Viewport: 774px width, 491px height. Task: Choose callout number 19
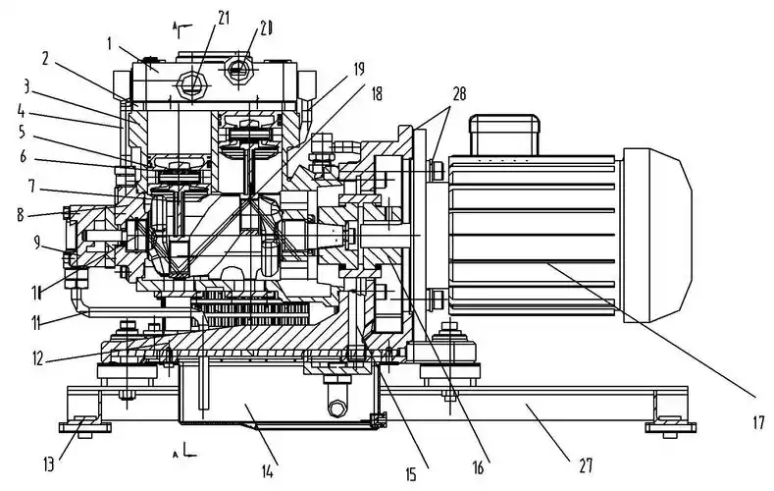point(359,69)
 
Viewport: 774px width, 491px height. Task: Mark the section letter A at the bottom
point(175,455)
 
